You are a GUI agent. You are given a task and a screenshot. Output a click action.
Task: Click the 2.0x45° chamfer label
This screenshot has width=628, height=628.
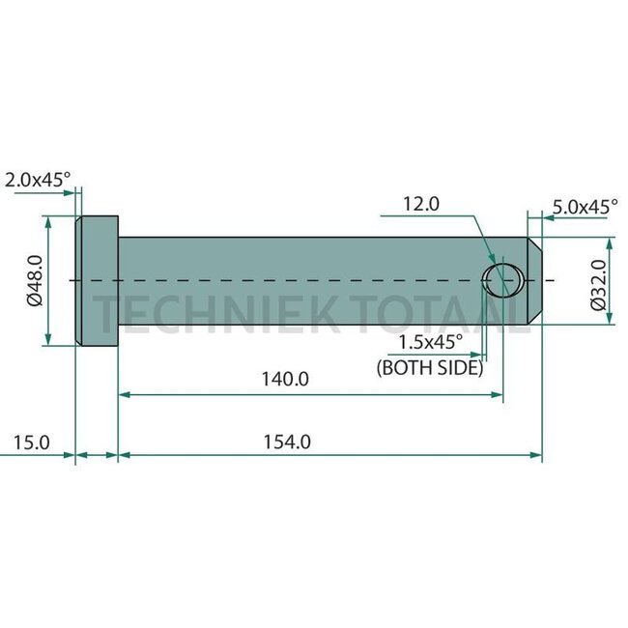(38, 179)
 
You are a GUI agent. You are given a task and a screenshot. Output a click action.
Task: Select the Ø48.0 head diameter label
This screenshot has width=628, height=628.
(35, 281)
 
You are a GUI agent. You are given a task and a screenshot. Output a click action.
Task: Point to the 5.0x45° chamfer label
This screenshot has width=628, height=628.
(586, 206)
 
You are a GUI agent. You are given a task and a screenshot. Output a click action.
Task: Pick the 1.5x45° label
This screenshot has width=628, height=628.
(430, 341)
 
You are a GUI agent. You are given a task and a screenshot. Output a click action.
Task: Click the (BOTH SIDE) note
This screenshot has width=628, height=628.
(430, 367)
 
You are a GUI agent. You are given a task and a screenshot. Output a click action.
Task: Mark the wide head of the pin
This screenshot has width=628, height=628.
(97, 281)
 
